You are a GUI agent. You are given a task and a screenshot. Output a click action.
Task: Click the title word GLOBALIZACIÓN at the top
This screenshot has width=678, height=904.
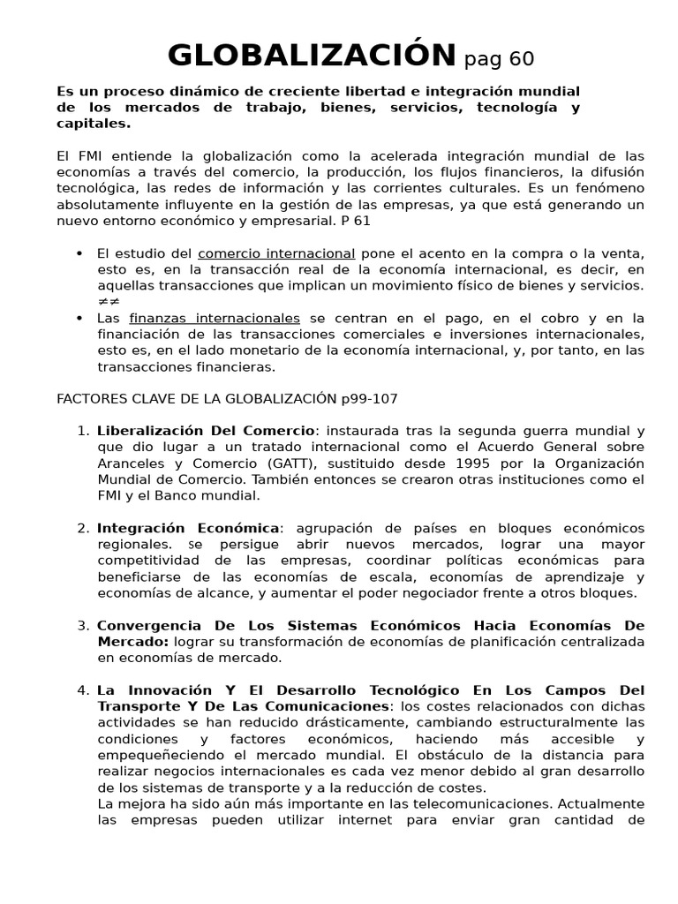pyautogui.click(x=312, y=56)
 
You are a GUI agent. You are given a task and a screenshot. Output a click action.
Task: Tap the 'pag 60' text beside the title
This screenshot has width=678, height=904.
pyautogui.click(x=499, y=59)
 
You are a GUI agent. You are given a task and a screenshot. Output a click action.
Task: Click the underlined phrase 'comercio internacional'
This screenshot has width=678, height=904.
pyautogui.click(x=276, y=253)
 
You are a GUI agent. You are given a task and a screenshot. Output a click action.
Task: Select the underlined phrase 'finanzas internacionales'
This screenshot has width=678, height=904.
pyautogui.click(x=215, y=318)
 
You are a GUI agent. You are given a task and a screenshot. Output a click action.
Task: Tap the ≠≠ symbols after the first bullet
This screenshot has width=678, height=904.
pyautogui.click(x=108, y=301)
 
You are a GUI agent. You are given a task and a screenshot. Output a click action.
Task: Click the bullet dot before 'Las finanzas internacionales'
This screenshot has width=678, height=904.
pyautogui.click(x=80, y=318)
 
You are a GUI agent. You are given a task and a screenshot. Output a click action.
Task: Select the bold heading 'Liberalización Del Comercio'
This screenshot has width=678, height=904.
pyautogui.click(x=206, y=431)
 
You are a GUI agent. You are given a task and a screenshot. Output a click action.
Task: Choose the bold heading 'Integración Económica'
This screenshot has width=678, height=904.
pyautogui.click(x=188, y=528)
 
